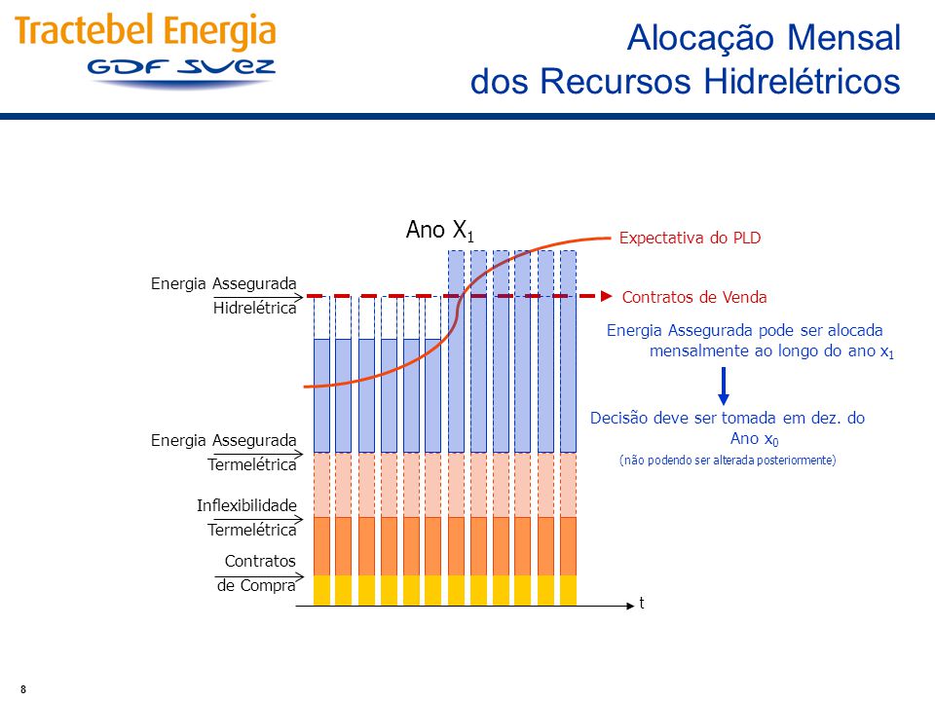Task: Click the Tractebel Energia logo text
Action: pyautogui.click(x=145, y=31)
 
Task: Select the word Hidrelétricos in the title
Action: pyautogui.click(x=802, y=81)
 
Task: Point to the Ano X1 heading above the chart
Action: pyautogui.click(x=440, y=230)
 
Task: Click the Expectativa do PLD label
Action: pyautogui.click(x=690, y=238)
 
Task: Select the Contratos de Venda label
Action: pyautogui.click(x=694, y=297)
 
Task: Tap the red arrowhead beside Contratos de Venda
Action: pyautogui.click(x=607, y=296)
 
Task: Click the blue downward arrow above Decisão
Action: pyautogui.click(x=724, y=386)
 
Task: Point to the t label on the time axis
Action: pyautogui.click(x=642, y=603)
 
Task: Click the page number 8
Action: pyautogui.click(x=23, y=689)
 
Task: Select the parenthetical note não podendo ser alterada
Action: pyautogui.click(x=728, y=461)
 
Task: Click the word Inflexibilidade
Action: pyautogui.click(x=246, y=505)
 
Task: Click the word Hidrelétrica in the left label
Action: pyautogui.click(x=254, y=308)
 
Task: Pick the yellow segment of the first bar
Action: pyautogui.click(x=322, y=591)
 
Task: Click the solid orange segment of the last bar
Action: pyautogui.click(x=568, y=546)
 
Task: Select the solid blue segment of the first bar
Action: pyautogui.click(x=322, y=396)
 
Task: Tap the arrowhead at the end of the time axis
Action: pyautogui.click(x=630, y=606)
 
